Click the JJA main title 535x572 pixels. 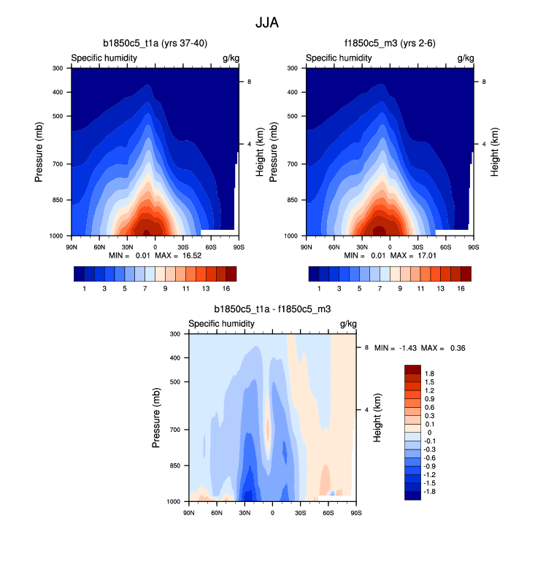tap(267, 23)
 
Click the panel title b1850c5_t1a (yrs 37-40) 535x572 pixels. tap(154, 44)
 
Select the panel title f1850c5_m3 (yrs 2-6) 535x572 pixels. tap(389, 44)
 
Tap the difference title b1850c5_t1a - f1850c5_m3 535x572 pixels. tap(272, 309)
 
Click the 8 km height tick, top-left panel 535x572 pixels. tap(250, 82)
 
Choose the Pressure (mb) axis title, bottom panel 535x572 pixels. tap(157, 417)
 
